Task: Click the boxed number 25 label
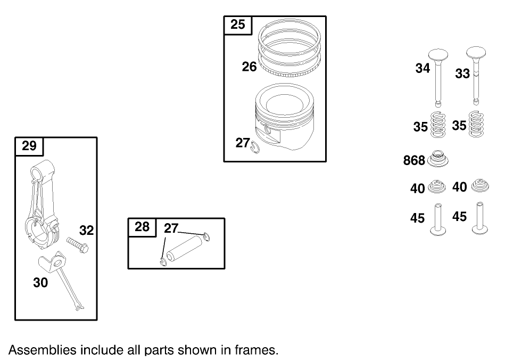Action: pyautogui.click(x=238, y=24)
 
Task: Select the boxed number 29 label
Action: pyautogui.click(x=29, y=146)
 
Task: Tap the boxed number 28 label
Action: pyautogui.click(x=142, y=227)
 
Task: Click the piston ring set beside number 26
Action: pyautogui.click(x=289, y=48)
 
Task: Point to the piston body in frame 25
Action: pyautogui.click(x=284, y=117)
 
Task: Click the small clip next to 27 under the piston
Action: pyautogui.click(x=255, y=148)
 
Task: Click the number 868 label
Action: pyautogui.click(x=414, y=160)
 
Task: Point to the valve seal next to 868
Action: pyautogui.click(x=438, y=159)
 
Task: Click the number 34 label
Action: pyautogui.click(x=423, y=68)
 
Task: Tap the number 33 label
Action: pyautogui.click(x=462, y=74)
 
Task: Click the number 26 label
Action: pyautogui.click(x=249, y=67)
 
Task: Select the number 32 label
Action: pyautogui.click(x=86, y=231)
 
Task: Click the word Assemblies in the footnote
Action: pyautogui.click(x=43, y=350)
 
